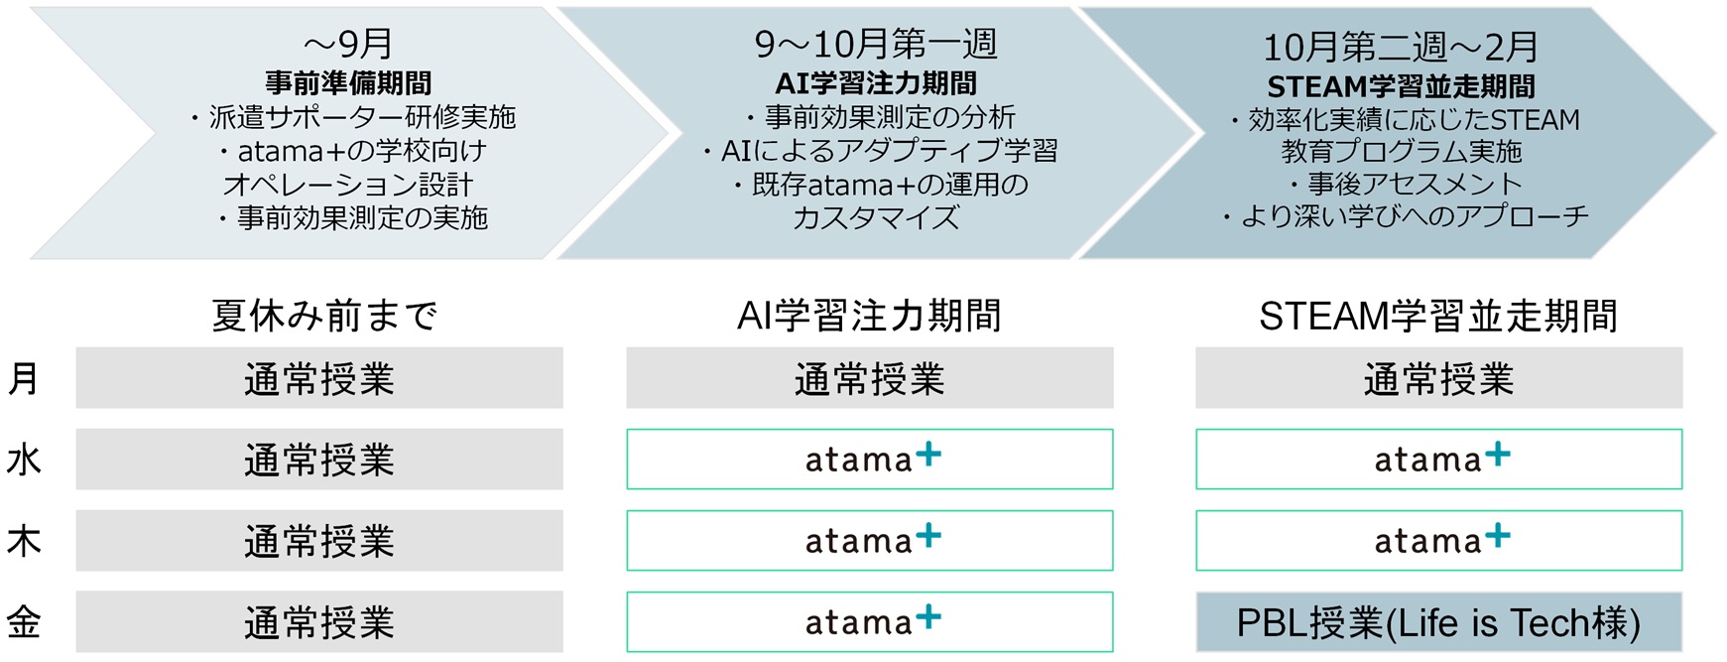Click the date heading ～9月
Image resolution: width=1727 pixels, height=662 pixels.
coord(347,44)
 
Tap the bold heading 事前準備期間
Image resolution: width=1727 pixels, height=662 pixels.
coord(348,82)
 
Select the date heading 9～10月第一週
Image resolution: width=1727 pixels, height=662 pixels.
coord(876,44)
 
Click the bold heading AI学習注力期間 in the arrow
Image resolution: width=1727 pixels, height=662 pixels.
coord(876,82)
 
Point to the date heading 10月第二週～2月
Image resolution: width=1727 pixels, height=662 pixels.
coord(1400,47)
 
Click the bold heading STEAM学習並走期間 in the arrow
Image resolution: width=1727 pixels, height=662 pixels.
coord(1400,86)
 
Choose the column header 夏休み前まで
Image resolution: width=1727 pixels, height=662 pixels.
coord(324,316)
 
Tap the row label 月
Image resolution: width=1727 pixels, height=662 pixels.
coord(24,378)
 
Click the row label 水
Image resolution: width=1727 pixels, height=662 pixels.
coord(24,460)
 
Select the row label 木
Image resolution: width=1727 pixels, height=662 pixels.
coord(24,541)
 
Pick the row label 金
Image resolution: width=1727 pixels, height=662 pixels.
coord(24,622)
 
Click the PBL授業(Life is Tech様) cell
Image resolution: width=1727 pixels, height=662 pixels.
coord(1438,622)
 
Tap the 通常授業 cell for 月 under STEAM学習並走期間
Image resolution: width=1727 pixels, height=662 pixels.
coord(1438,378)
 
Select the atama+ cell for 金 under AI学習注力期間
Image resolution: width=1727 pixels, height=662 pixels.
coord(870,622)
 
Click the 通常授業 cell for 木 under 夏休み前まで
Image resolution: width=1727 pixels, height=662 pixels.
coord(319,541)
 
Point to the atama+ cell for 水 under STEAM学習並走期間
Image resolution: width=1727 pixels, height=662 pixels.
coord(1438,460)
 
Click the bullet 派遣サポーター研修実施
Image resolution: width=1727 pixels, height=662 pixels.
coord(353,117)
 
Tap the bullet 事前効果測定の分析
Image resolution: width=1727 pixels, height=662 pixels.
coord(881,117)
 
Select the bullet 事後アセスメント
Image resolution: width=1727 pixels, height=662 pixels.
coord(1405,184)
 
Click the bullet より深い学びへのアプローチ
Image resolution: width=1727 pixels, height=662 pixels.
coord(1405,216)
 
